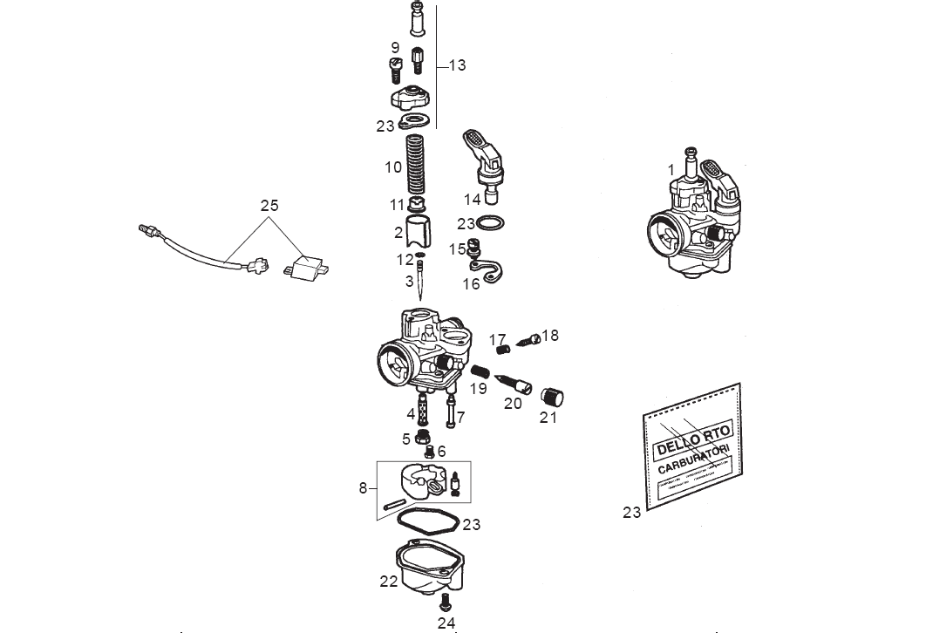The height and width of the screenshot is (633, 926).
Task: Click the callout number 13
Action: (457, 65)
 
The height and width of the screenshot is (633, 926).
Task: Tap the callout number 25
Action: (269, 206)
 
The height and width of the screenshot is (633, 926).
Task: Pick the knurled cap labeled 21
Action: (553, 396)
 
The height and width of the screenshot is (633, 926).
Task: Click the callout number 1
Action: (671, 169)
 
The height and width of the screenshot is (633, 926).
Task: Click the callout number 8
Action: (363, 488)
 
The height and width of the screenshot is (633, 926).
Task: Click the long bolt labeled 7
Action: (449, 410)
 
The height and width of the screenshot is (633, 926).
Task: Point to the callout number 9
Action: (395, 47)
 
